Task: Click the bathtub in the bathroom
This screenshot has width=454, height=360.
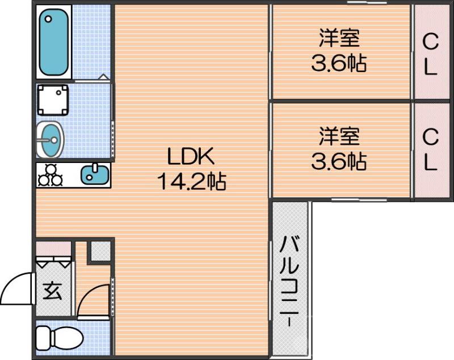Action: (54, 42)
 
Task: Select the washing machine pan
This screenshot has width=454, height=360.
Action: (53, 101)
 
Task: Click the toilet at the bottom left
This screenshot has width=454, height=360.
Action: (59, 340)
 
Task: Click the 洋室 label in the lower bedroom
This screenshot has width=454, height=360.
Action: (339, 136)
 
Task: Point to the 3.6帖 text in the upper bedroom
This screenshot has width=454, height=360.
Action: (339, 64)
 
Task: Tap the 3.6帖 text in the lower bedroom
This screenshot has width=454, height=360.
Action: (339, 162)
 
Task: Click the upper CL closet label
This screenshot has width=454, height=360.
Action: (431, 54)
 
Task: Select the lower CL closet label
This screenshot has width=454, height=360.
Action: (431, 150)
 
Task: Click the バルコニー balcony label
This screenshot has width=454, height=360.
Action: (289, 281)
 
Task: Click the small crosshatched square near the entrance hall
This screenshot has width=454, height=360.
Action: (101, 250)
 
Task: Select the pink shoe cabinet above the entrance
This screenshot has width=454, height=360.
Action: (54, 248)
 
